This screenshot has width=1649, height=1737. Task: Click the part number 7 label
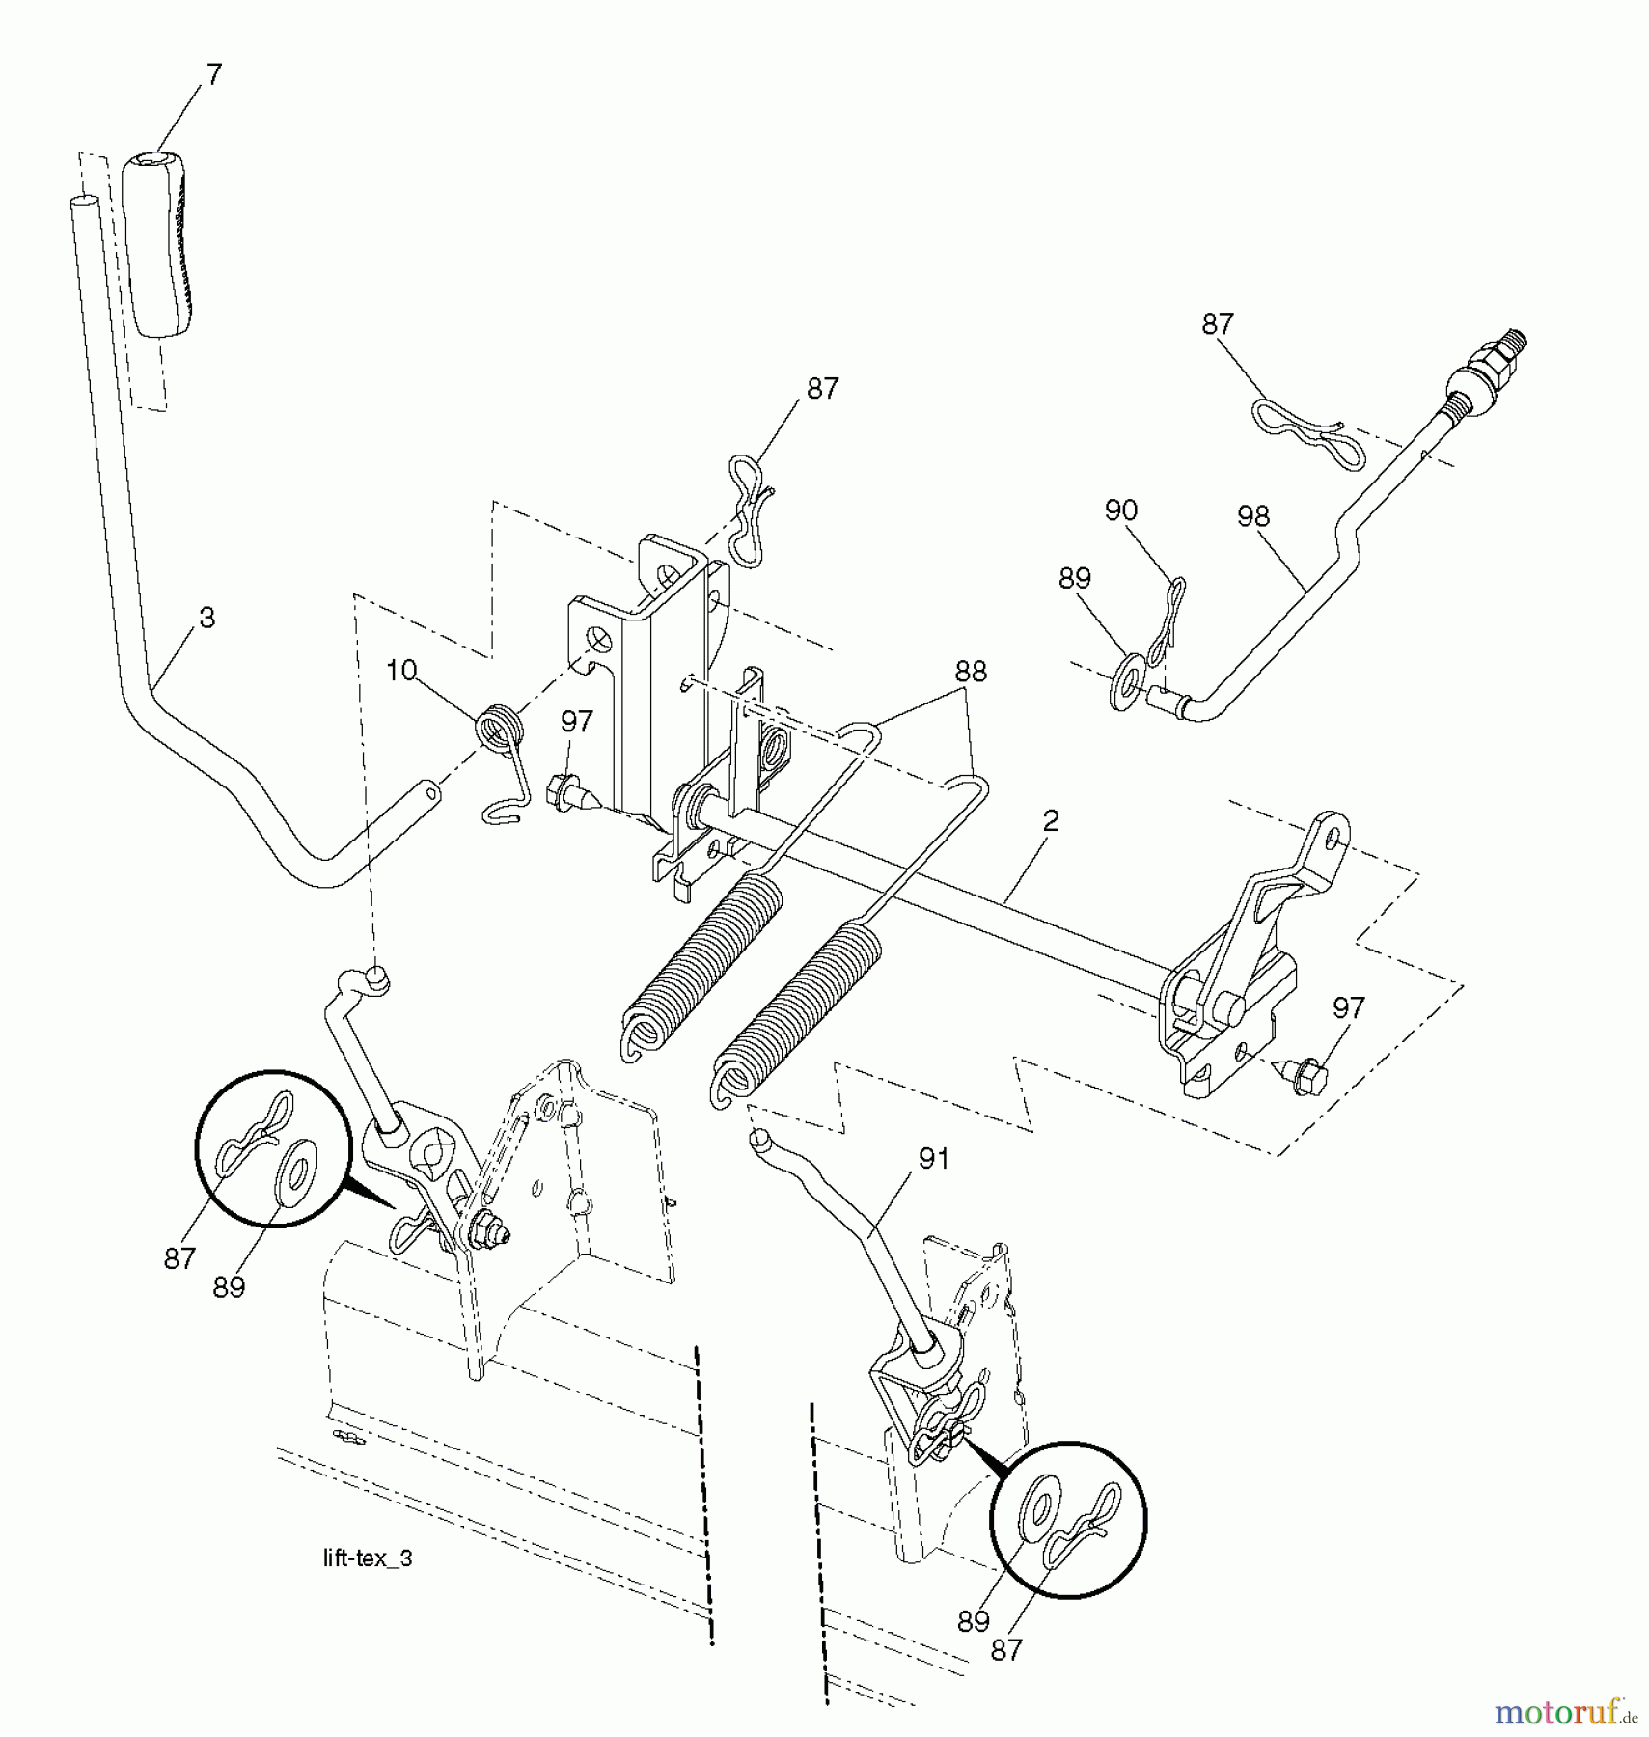click(213, 74)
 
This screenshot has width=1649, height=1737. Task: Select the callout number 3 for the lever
click(206, 618)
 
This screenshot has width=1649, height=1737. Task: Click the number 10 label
click(400, 670)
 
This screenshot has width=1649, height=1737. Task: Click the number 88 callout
click(970, 672)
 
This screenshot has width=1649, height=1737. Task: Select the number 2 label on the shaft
click(1051, 820)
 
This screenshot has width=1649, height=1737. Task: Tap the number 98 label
click(1252, 517)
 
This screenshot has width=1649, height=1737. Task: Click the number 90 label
click(1120, 510)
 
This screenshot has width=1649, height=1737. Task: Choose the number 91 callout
click(933, 1159)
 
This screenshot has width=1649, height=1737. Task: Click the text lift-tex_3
click(367, 1559)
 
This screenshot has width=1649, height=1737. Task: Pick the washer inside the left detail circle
click(295, 1172)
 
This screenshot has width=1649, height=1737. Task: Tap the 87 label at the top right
click(1217, 323)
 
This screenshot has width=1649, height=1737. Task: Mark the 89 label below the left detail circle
click(229, 1287)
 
